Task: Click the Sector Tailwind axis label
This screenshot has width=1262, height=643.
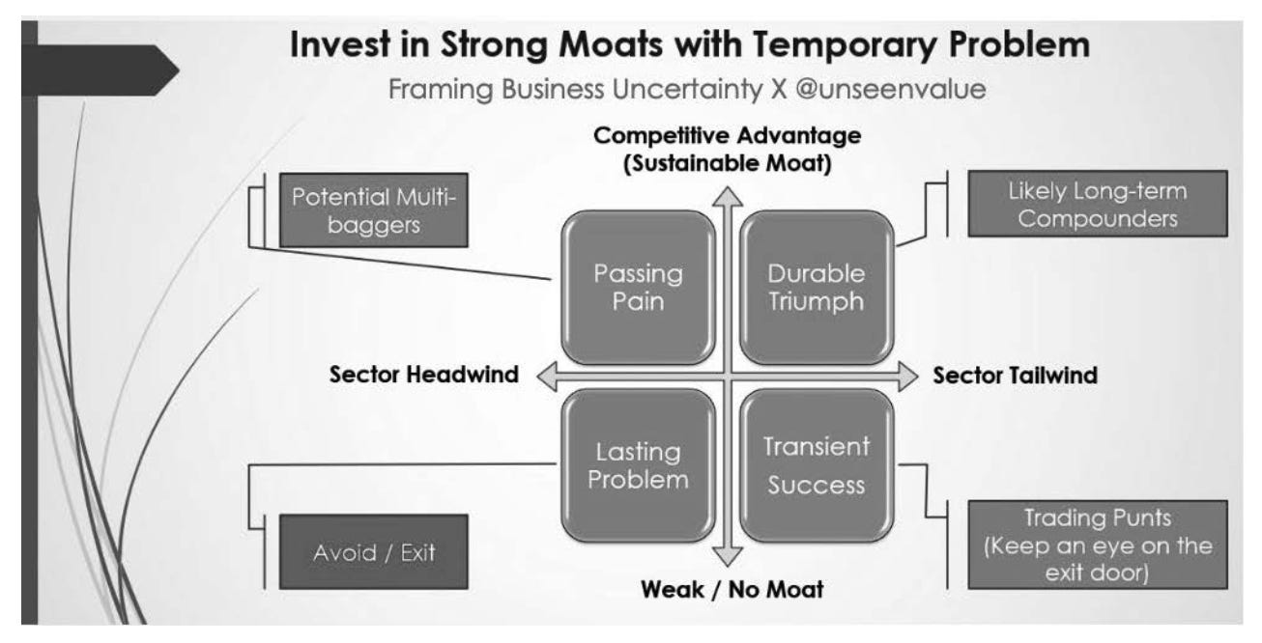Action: [1015, 376]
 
